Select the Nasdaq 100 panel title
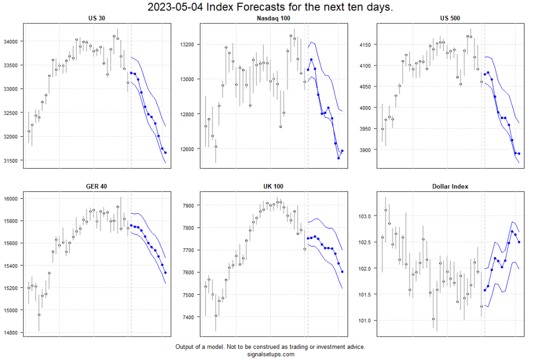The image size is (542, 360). (x=274, y=19)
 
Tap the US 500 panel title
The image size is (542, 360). (x=450, y=19)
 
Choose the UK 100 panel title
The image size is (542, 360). (x=274, y=186)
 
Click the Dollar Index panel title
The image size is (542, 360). (x=450, y=186)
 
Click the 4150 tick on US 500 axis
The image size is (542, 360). (x=366, y=45)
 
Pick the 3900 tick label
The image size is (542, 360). (x=366, y=150)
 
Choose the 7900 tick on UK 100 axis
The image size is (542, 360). (x=190, y=205)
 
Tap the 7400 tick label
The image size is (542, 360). (x=190, y=317)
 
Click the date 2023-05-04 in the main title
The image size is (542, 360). (x=172, y=7)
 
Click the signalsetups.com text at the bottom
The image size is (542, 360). (x=270, y=354)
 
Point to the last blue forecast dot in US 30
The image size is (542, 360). (x=166, y=153)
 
